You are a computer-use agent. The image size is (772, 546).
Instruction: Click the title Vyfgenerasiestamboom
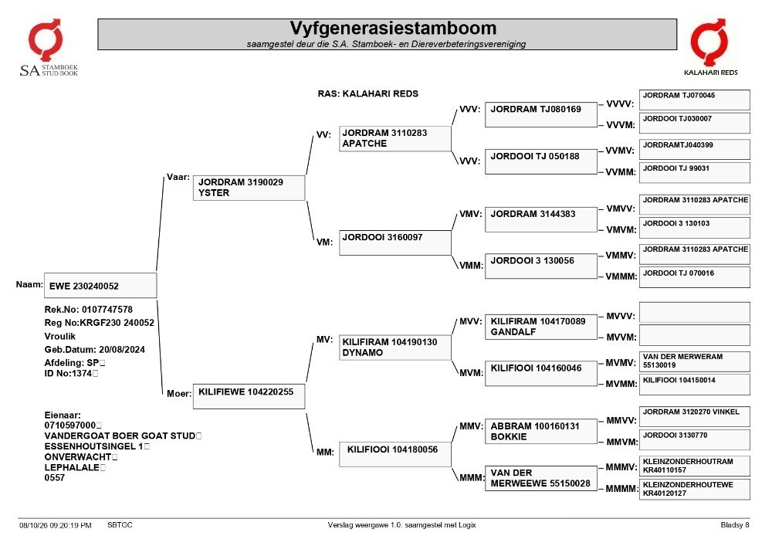[393, 28]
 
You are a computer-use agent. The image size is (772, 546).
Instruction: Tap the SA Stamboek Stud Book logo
[48, 48]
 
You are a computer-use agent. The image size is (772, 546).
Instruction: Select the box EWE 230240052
[100, 286]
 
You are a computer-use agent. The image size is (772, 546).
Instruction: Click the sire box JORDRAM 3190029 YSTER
[249, 188]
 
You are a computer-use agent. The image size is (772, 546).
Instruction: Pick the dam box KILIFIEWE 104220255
[249, 396]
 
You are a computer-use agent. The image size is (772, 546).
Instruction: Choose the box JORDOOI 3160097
[394, 242]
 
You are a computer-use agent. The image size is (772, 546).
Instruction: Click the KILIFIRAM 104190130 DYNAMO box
[394, 347]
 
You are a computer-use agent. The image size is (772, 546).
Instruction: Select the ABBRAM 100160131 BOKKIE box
[540, 431]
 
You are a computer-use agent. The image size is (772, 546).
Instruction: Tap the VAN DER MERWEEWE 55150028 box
[540, 479]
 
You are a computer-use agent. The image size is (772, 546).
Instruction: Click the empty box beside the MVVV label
[694, 313]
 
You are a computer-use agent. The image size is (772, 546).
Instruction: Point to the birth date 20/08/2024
[122, 350]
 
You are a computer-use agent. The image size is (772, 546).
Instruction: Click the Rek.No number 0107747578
[107, 310]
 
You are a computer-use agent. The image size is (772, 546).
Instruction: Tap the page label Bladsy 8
[735, 525]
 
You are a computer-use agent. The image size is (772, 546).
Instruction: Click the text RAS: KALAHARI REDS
[367, 93]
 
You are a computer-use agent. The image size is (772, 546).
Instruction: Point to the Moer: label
[179, 393]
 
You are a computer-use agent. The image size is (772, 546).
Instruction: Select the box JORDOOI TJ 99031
[694, 172]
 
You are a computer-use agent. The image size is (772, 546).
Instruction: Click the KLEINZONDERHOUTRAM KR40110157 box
[694, 466]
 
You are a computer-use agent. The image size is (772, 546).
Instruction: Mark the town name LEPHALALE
[72, 467]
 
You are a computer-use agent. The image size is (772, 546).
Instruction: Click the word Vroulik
[60, 336]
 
